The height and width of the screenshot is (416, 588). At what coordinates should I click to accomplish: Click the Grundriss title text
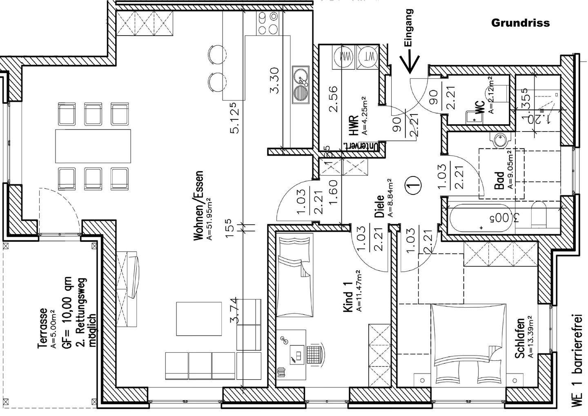(520, 23)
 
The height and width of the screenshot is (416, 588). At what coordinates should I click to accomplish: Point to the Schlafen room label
(519, 338)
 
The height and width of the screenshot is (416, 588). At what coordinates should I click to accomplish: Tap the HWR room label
(354, 125)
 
